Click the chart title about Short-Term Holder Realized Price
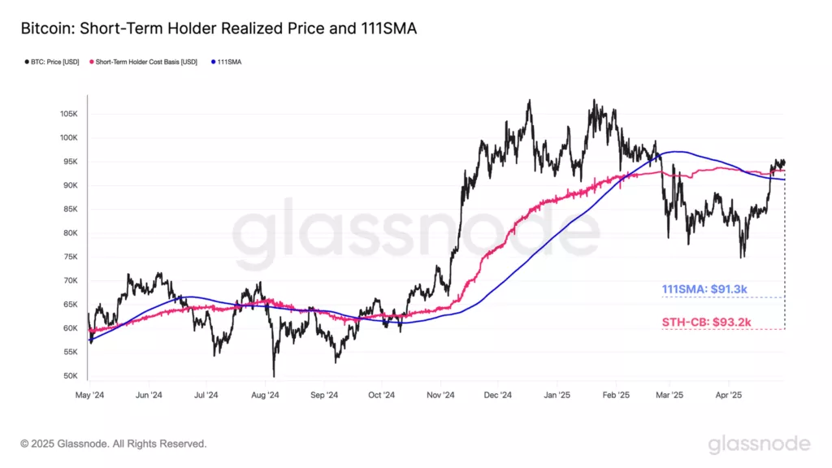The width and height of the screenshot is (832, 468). pos(218,29)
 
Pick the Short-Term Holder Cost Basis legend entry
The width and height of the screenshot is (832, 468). pos(149,62)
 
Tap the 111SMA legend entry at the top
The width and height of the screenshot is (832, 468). pos(228,62)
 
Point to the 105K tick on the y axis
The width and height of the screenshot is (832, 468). pos(67,114)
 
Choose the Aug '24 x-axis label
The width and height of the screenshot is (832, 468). pos(266,396)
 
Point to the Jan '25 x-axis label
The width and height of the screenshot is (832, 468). pos(557,396)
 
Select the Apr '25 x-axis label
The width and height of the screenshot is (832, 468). pos(729,396)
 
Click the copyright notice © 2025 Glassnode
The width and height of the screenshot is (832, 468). pos(114,444)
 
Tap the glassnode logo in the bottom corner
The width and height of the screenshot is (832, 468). pos(758,444)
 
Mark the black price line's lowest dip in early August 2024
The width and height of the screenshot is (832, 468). pos(274,375)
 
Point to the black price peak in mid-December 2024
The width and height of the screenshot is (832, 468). pos(529,101)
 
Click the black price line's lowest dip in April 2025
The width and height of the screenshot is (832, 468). pos(741,257)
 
